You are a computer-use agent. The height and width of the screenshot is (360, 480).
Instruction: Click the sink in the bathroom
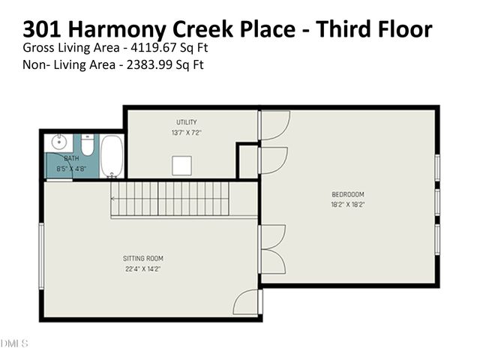point(58,142)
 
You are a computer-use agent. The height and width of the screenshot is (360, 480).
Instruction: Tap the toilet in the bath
point(87,145)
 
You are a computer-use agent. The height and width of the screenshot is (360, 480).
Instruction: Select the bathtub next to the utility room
point(112,155)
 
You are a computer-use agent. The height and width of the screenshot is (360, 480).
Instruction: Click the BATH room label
point(71,159)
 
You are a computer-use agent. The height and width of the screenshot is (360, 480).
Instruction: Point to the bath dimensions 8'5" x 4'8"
point(71,169)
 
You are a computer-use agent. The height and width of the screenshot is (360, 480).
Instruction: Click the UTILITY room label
point(187,122)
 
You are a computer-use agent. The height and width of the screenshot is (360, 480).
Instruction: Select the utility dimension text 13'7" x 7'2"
point(187,133)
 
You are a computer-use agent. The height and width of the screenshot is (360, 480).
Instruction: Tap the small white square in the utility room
point(182,165)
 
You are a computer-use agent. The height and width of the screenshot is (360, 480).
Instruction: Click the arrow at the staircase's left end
point(114,199)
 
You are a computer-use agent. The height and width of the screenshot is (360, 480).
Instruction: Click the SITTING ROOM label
point(143,259)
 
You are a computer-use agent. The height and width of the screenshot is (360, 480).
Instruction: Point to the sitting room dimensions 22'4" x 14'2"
point(143,269)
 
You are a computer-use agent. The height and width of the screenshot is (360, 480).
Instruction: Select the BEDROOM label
point(347,194)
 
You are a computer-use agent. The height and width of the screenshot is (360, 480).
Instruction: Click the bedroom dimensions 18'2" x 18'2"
point(347,205)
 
